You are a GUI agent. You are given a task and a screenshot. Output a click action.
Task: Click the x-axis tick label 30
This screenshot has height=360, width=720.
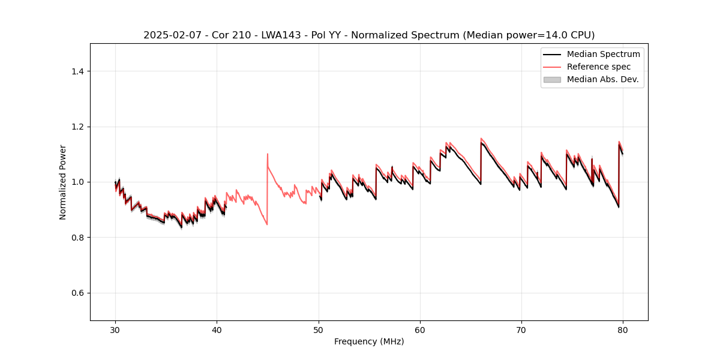click(x=115, y=329)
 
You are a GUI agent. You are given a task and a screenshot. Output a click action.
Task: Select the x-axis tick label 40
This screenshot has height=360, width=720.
click(x=217, y=329)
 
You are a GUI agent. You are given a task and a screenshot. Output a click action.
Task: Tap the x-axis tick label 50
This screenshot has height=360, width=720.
click(x=319, y=329)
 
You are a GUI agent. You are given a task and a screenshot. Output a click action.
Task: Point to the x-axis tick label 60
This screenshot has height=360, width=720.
click(x=420, y=329)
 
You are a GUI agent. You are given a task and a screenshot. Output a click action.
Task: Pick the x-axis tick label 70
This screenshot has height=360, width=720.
click(x=521, y=329)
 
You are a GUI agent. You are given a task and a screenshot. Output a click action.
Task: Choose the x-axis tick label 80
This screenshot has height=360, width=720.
click(x=623, y=329)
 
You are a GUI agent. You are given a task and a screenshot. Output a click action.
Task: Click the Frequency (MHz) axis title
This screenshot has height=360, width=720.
click(x=369, y=341)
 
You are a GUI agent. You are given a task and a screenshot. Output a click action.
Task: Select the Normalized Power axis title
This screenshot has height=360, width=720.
click(x=63, y=182)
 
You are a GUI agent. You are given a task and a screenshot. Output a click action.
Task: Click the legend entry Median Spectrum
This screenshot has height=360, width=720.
click(x=603, y=55)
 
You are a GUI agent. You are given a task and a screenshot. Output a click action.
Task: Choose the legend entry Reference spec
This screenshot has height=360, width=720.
click(x=598, y=67)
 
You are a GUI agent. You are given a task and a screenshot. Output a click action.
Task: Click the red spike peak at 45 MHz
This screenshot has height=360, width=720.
click(x=268, y=154)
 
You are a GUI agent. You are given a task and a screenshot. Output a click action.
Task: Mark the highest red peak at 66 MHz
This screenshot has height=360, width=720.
click(x=481, y=138)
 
